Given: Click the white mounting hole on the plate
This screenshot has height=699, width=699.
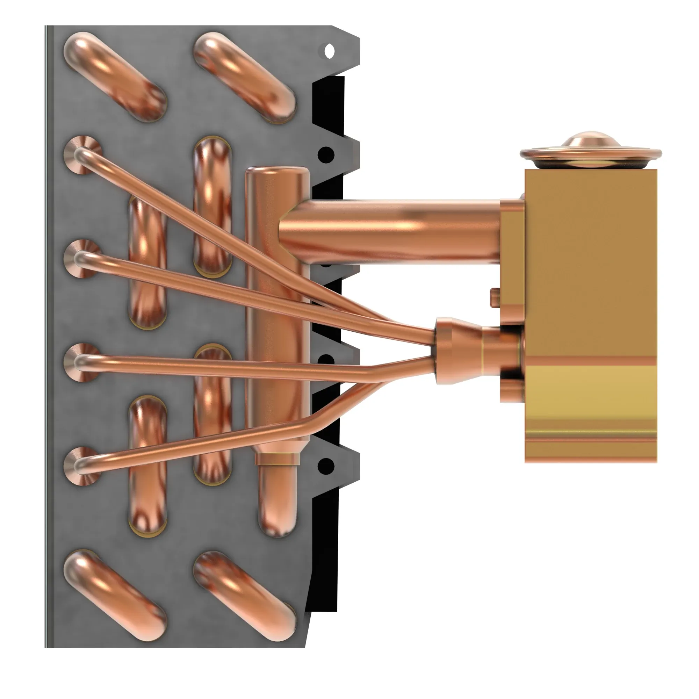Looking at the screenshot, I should [x=329, y=51].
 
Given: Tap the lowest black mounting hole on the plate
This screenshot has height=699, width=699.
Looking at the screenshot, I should [x=327, y=465].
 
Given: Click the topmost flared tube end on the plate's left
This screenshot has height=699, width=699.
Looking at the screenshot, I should [x=82, y=155].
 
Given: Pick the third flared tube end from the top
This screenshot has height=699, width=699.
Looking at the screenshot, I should [x=82, y=362].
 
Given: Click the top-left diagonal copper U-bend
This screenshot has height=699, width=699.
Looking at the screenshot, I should [x=115, y=77].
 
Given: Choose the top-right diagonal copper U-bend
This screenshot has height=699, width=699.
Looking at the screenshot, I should [x=245, y=77].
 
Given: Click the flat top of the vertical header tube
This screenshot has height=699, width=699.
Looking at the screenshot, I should [x=277, y=172].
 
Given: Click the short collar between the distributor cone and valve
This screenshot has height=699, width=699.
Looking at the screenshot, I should [x=501, y=349].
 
